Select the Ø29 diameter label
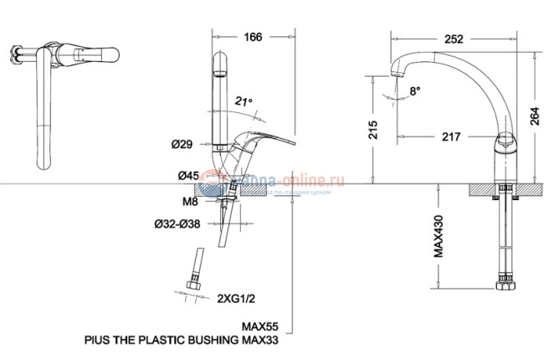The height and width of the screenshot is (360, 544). pos(184,145)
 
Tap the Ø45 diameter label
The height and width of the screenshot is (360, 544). pos(187,176)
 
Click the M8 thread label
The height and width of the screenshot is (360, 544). pos(189,200)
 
